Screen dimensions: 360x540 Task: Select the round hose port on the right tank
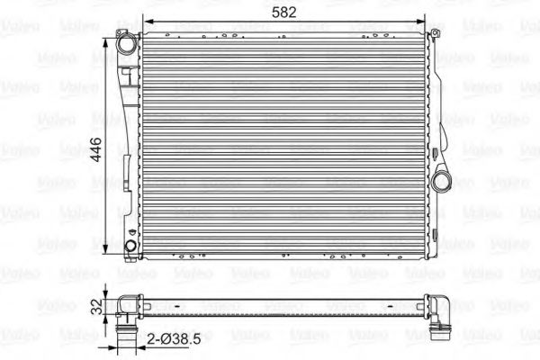[442, 180]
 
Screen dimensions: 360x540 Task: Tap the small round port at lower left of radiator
[132, 245]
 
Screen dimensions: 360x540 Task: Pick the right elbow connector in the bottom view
[440, 310]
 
